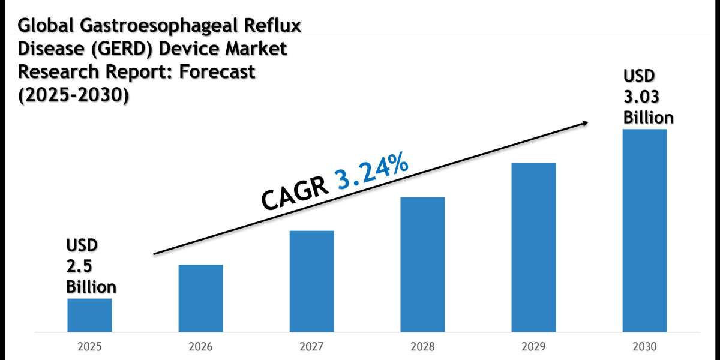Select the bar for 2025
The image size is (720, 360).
89,315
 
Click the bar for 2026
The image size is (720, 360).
200,298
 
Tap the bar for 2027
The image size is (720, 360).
311,281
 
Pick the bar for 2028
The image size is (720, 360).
422,264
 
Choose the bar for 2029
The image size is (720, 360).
533,247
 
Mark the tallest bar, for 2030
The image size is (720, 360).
644,230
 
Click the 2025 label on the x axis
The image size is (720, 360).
89,347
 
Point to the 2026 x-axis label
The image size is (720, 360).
200,347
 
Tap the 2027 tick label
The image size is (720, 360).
311,347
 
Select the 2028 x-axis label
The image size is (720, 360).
422,347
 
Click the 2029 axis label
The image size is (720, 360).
533,347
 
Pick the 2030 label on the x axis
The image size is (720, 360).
644,347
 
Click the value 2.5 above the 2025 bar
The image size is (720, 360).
76,266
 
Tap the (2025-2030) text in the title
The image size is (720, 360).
73,94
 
